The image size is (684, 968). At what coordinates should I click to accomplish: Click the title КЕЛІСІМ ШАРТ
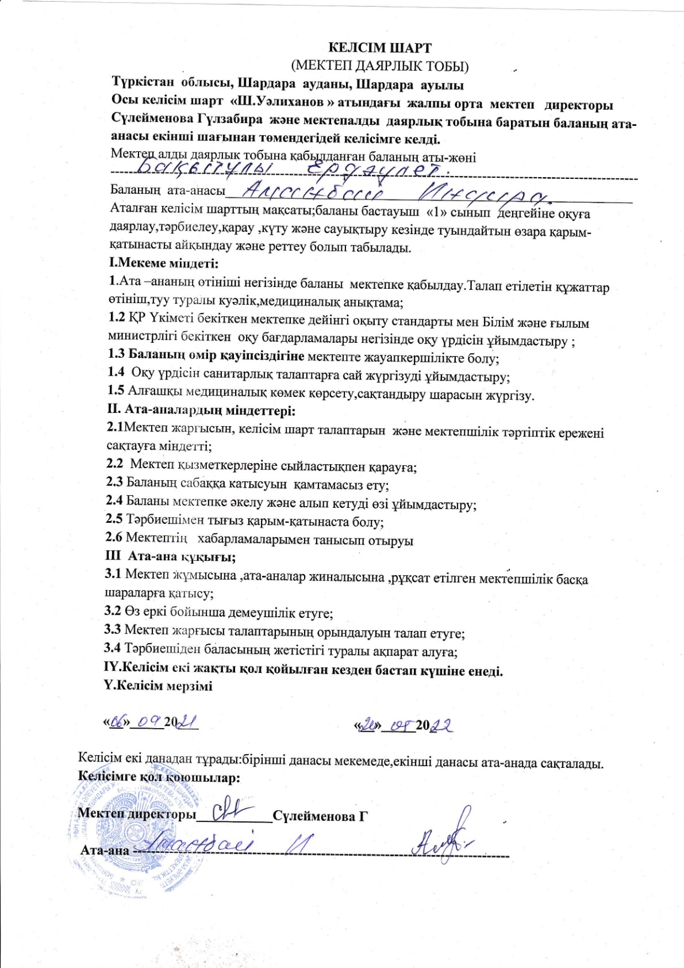pos(379,48)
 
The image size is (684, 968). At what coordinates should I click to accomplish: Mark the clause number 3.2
pos(113,612)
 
